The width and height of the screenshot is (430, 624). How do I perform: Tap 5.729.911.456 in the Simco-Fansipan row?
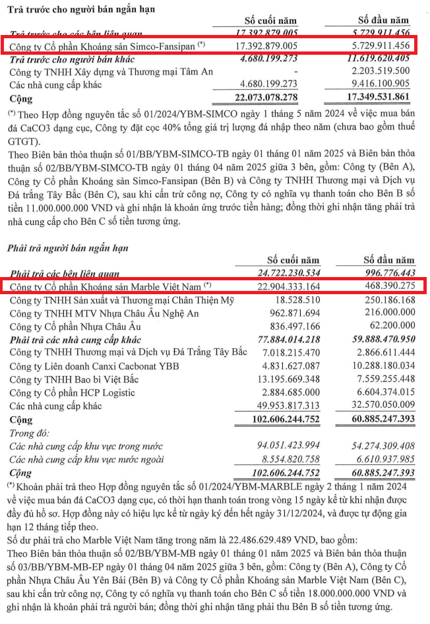click(x=375, y=46)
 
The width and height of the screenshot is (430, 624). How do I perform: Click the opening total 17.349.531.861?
click(x=374, y=98)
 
